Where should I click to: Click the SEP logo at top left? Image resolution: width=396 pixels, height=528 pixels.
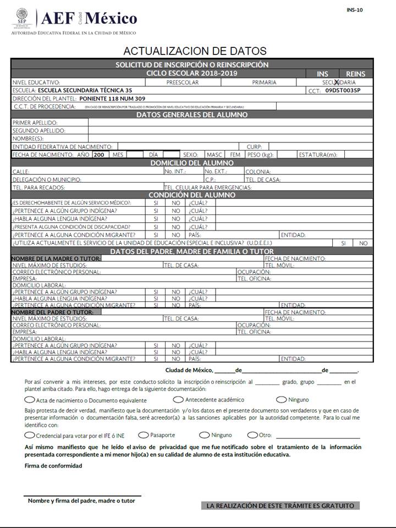22,18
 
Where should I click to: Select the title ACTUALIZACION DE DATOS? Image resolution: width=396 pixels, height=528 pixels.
195,51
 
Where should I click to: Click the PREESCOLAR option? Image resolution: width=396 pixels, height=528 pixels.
183,82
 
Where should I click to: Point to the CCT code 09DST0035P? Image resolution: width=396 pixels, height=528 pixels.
343,90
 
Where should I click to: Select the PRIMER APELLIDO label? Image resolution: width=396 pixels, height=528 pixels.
35,123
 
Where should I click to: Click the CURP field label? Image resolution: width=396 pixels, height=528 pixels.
254,147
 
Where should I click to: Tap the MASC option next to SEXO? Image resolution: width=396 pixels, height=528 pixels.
214,155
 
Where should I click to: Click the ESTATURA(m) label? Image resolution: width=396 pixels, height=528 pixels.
317,155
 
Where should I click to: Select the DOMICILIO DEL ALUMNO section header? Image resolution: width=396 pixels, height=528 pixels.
192,163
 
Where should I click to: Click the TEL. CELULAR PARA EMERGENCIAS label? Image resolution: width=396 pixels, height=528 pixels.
208,188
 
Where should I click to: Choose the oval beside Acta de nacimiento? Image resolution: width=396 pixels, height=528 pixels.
31,400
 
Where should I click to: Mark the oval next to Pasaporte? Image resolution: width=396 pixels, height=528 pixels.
144,435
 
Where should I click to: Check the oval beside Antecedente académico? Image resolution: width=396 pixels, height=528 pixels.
178,399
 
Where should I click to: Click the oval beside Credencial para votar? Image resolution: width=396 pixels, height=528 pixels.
31,435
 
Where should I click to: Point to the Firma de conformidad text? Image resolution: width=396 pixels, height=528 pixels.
53,466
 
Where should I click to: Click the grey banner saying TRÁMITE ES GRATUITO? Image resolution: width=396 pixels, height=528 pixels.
280,505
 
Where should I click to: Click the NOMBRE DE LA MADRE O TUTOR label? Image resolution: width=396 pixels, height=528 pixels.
56,258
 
